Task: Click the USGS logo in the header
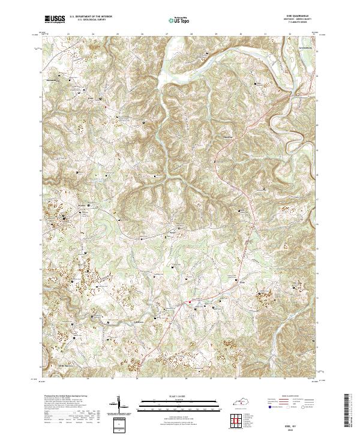(55, 19)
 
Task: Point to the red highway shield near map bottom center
(190, 301)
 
